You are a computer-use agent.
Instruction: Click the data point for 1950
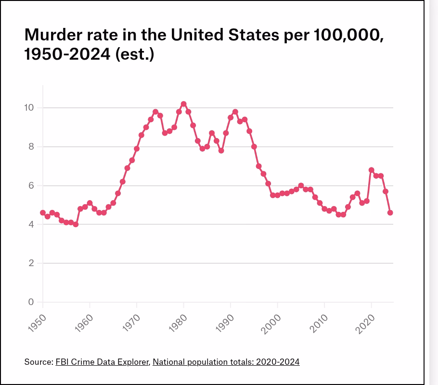(43, 213)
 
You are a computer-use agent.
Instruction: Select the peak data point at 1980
(183, 104)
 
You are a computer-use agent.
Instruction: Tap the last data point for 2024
(390, 213)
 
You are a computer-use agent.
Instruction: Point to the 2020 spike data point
(372, 170)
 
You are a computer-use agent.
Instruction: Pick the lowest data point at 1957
(76, 224)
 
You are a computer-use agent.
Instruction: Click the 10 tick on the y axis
(29, 107)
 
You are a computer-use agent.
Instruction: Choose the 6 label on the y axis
(31, 185)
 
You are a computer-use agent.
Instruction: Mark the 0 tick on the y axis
(31, 302)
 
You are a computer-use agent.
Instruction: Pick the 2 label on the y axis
(31, 263)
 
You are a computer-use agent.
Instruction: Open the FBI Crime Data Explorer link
(103, 361)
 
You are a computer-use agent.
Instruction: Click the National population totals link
(226, 361)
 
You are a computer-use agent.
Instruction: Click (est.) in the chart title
(134, 54)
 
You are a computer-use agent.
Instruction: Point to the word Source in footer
(38, 361)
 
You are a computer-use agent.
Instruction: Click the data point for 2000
(277, 195)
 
